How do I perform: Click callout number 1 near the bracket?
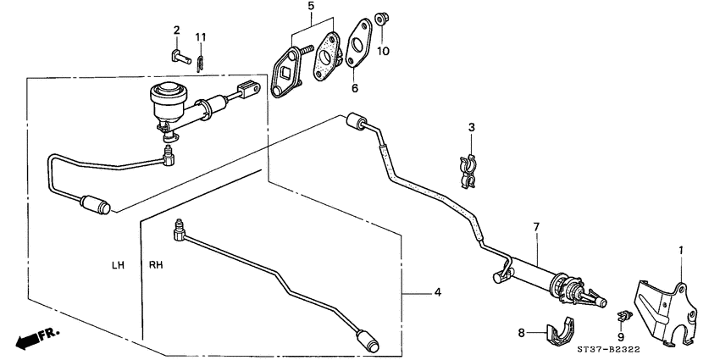coord(679,250)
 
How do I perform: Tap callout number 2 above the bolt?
coord(177,31)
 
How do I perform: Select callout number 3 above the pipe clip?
coord(472,128)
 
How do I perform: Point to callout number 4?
coord(437,293)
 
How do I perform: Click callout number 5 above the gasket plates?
coord(310,7)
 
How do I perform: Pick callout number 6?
coord(354,87)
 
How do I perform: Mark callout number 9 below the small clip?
coord(620,336)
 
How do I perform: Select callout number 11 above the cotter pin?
coord(201,36)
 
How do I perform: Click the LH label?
coord(118,265)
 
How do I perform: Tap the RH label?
coord(157,265)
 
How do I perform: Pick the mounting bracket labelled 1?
coord(662,313)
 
